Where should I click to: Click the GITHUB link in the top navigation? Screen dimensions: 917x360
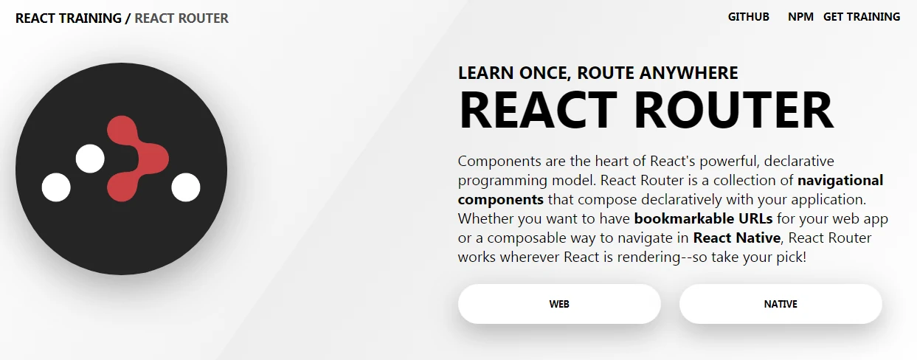[748, 17]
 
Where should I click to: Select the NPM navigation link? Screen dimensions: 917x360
[800, 17]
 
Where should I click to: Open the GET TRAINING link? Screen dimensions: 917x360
[862, 17]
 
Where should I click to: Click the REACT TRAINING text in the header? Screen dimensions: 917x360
[69, 18]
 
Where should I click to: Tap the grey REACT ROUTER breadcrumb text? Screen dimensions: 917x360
[181, 18]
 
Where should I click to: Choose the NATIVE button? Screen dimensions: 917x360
[781, 304]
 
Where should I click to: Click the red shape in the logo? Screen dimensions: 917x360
[135, 159]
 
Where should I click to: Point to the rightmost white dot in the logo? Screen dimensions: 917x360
[185, 187]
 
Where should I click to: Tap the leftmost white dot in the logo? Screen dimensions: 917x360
[56, 187]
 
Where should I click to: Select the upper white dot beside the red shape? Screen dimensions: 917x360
[90, 159]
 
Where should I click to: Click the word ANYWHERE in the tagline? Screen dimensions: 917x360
[688, 73]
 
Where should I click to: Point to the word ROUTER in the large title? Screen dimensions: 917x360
[733, 110]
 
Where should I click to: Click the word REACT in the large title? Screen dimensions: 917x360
[538, 110]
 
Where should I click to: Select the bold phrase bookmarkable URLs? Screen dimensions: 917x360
[703, 218]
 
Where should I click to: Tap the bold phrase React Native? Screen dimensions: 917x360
[736, 238]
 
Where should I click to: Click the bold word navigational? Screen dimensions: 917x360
[840, 180]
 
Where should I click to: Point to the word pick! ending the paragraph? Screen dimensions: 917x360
[792, 257]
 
